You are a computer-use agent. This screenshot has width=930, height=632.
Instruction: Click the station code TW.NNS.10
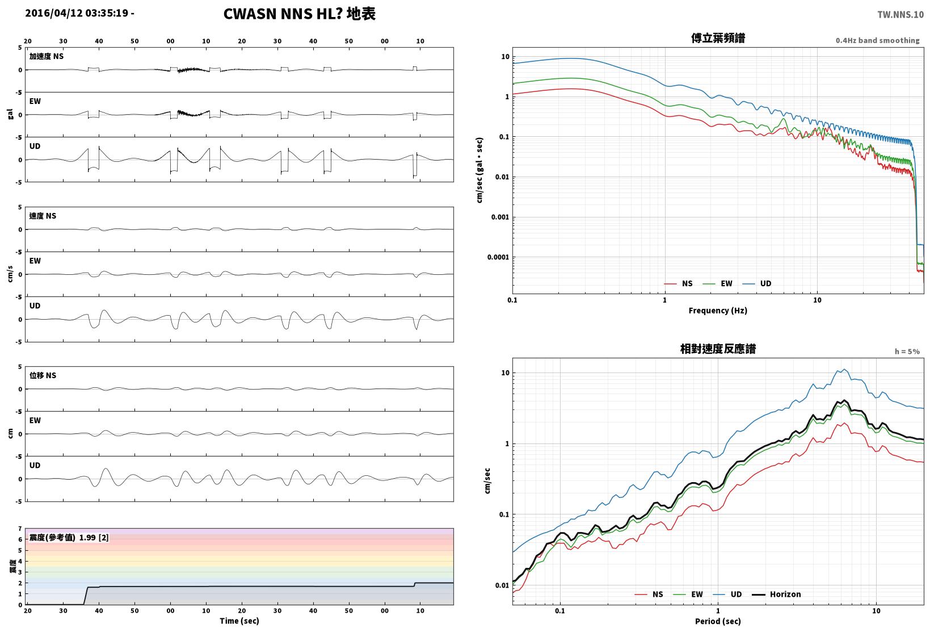point(900,15)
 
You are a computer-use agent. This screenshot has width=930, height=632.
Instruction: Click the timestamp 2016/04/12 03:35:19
point(77,13)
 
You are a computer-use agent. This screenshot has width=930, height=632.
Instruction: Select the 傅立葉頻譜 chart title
point(718,38)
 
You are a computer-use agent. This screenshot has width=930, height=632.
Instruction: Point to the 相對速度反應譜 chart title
point(718,349)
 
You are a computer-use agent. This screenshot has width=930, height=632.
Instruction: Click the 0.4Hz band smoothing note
point(878,40)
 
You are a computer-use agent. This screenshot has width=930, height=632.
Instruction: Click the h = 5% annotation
point(907,351)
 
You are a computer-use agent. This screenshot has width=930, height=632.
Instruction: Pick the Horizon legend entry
point(777,595)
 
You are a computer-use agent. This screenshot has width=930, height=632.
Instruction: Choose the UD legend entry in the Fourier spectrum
point(758,283)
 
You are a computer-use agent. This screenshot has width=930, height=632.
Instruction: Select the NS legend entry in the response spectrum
point(649,595)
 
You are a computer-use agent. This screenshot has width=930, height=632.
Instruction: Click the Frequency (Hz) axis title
point(718,311)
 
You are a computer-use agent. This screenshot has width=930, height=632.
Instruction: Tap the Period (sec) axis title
point(718,621)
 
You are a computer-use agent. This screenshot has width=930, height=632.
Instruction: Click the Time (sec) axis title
point(239,621)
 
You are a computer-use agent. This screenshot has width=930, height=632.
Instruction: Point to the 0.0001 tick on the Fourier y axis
point(498,257)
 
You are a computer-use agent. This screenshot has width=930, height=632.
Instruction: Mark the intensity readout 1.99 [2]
point(94,538)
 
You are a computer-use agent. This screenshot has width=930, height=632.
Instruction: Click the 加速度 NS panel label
point(46,56)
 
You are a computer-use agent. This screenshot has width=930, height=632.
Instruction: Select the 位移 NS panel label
point(43,375)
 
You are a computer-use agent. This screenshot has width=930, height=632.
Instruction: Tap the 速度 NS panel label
point(43,216)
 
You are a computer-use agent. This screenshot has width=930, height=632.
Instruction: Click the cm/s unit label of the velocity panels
point(10,274)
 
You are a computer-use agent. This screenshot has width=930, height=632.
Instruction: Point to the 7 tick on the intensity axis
point(20,529)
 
